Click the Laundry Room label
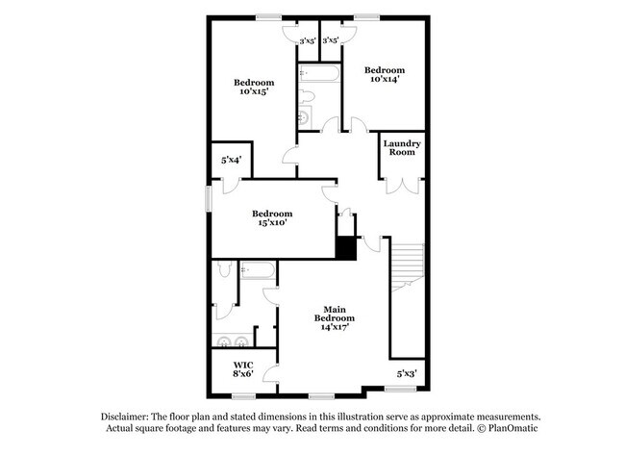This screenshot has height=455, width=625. [x=402, y=149]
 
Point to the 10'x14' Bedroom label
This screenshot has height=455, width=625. [x=384, y=74]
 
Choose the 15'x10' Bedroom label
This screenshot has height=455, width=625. [x=271, y=217]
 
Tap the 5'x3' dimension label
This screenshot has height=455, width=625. [x=408, y=372]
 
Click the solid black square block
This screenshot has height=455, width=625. [x=346, y=246]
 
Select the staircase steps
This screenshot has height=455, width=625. [x=408, y=264]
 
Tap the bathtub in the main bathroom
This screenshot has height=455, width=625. [x=258, y=270]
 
